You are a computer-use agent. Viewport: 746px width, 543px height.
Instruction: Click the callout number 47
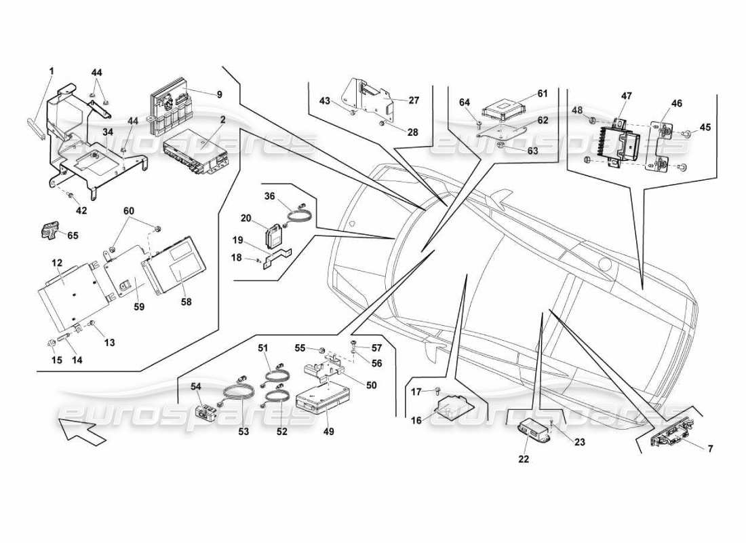coord(626,97)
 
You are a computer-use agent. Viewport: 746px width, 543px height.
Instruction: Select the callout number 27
coord(414,100)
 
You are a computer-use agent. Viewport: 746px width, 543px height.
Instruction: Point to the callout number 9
coord(219,95)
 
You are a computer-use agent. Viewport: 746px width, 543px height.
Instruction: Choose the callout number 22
coord(524,460)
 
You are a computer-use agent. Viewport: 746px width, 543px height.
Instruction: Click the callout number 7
coord(710,449)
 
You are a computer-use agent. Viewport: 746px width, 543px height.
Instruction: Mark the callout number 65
coord(73,235)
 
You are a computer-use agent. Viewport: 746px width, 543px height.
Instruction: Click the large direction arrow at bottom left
coord(82,432)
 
